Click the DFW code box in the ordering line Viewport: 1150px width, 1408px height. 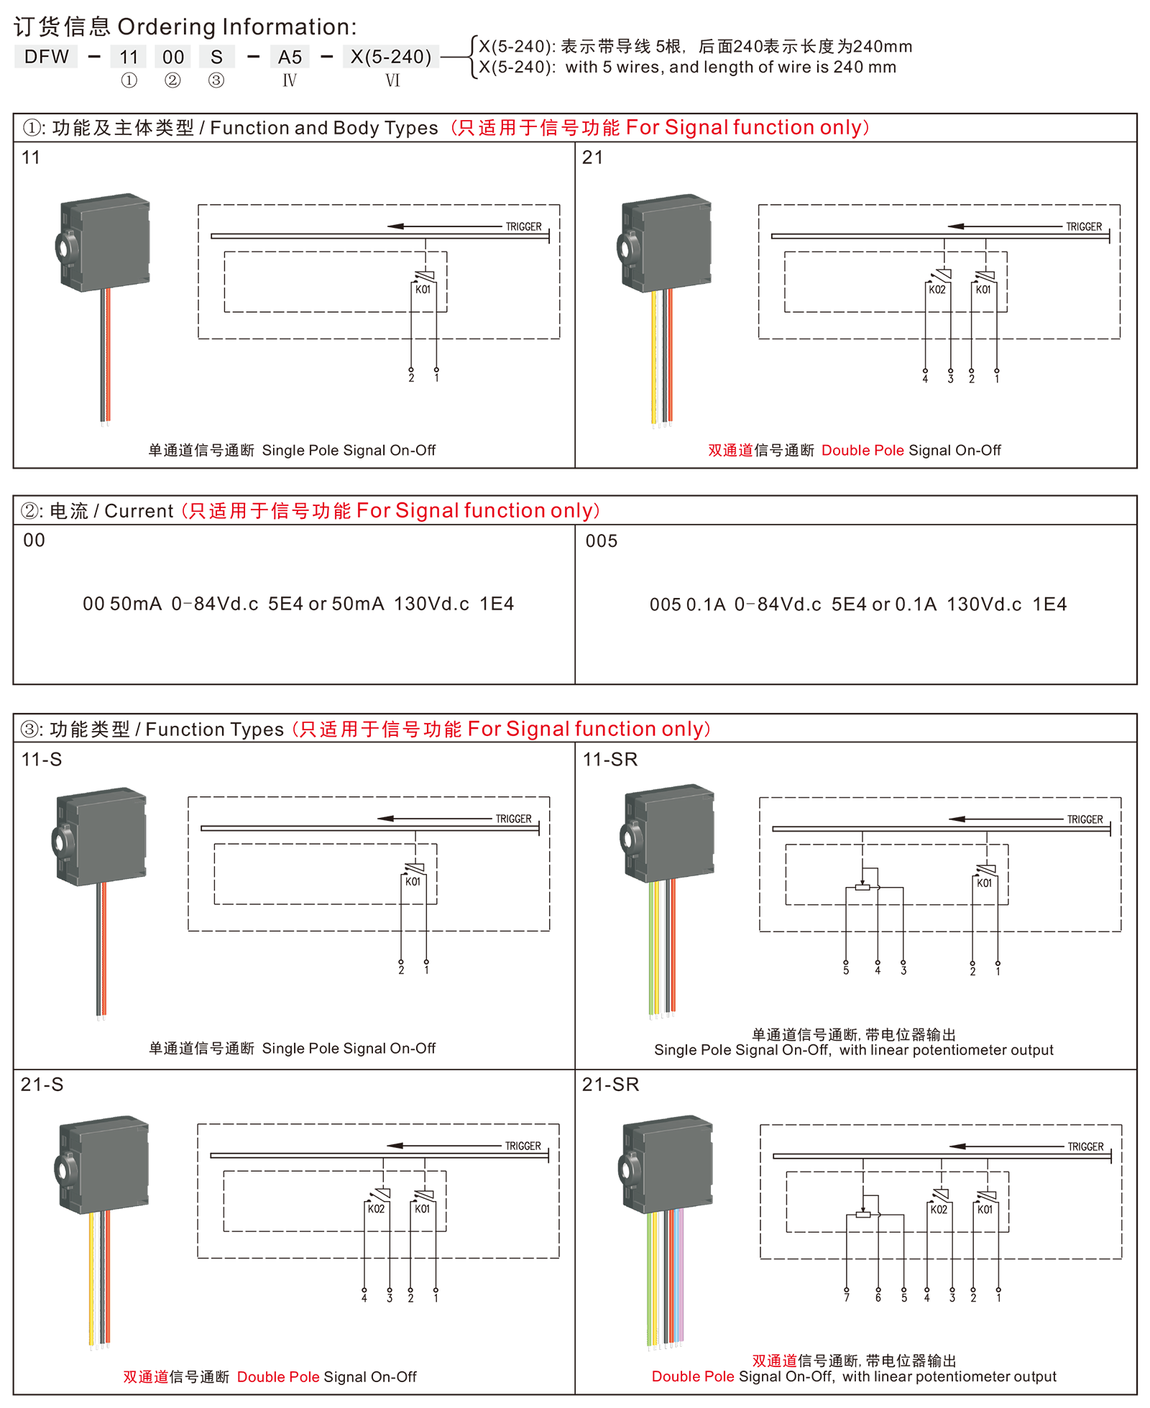tap(46, 57)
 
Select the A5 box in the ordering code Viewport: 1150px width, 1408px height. tap(290, 57)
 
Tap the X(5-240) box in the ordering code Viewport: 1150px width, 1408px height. tap(391, 57)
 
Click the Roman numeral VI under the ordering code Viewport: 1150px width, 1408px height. tap(392, 80)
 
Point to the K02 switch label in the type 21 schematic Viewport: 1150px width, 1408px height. tap(937, 290)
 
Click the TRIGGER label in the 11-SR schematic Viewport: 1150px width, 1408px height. tap(1085, 819)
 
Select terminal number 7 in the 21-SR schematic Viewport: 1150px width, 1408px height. tap(847, 1298)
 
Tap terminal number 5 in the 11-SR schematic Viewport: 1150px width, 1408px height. tap(846, 971)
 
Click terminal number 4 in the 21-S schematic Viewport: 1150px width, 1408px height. tap(364, 1298)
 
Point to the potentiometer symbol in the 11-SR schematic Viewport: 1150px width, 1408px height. tap(863, 888)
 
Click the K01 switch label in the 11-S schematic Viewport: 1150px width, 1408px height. tap(413, 882)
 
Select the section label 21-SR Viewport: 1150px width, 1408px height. tap(610, 1085)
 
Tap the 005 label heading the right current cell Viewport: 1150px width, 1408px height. tap(602, 541)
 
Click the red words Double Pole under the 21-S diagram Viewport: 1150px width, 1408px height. tap(278, 1377)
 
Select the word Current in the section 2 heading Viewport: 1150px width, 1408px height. tap(139, 511)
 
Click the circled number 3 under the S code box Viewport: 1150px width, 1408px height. tap(216, 80)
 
